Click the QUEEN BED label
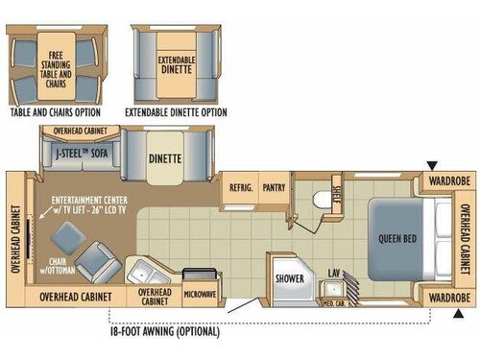click(x=396, y=238)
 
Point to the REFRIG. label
click(x=240, y=188)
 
